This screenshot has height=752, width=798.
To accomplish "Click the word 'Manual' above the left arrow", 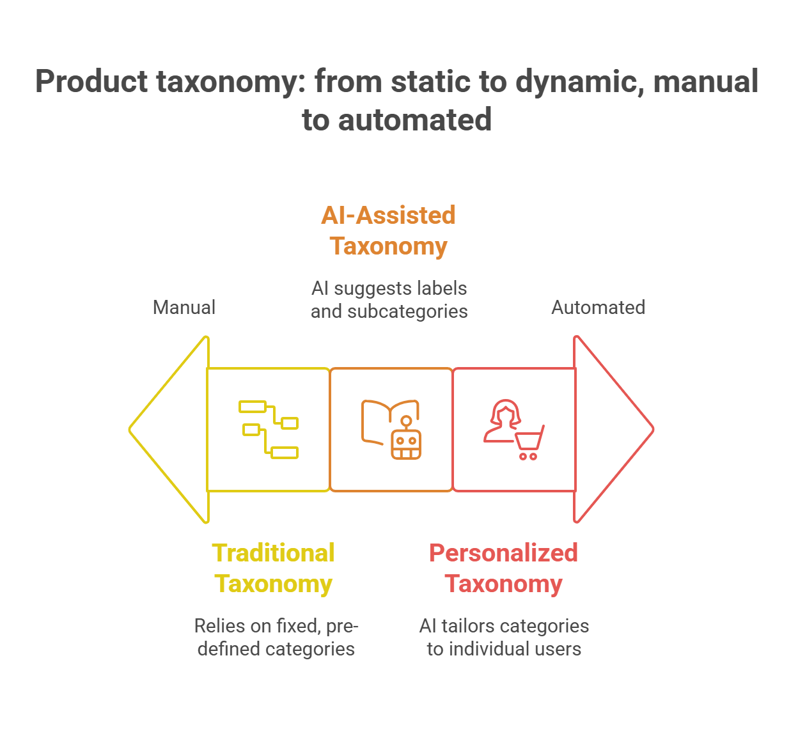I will (x=184, y=308).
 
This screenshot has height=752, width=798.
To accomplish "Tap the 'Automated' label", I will (x=598, y=308).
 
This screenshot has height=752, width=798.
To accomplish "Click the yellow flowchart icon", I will (x=269, y=429).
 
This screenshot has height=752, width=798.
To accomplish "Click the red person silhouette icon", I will (x=503, y=421).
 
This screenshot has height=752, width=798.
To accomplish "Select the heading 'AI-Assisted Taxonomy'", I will (x=388, y=230).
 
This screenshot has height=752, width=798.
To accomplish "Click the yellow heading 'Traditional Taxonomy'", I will (x=273, y=568).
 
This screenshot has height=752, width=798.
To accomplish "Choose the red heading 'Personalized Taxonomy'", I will (x=503, y=568).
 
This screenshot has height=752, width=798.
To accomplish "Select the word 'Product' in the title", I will (x=91, y=82).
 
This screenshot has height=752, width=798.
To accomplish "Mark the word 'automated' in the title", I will (x=415, y=120).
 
